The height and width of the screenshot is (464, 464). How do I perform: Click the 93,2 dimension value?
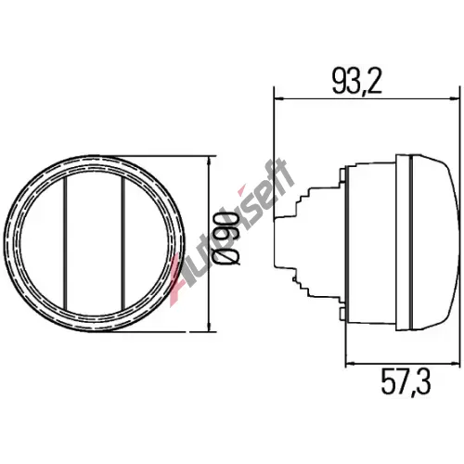[x=357, y=81]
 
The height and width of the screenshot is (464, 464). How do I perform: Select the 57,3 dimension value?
[x=406, y=381]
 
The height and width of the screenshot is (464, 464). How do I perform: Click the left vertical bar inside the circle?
[x=65, y=243]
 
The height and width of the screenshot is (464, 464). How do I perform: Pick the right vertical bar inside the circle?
[x=123, y=243]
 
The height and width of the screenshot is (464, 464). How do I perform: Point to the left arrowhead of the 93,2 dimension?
[x=280, y=99]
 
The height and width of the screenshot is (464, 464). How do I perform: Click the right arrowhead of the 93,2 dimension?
[x=454, y=99]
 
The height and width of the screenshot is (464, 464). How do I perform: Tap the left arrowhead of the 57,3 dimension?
[x=352, y=363]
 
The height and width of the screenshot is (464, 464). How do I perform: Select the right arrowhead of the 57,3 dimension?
[x=454, y=363]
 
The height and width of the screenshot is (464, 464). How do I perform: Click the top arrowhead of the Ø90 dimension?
[x=210, y=162]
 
